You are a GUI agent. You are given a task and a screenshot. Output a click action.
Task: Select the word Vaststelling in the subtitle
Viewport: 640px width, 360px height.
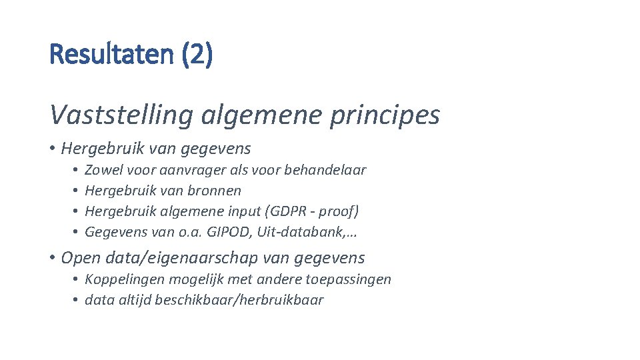click(118, 115)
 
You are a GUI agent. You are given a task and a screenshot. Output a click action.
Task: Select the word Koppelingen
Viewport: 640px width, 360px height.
click(125, 279)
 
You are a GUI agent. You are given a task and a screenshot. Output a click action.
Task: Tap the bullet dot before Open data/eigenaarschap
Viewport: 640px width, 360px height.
click(53, 258)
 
